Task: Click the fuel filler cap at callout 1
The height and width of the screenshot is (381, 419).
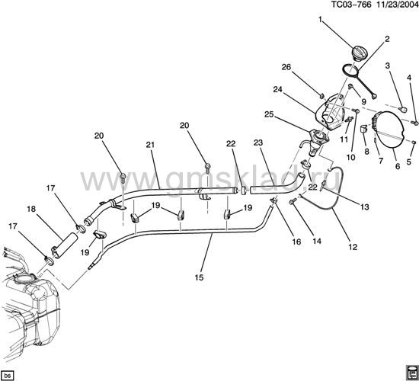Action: pyautogui.click(x=360, y=53)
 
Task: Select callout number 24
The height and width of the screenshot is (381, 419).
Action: pyautogui.click(x=277, y=90)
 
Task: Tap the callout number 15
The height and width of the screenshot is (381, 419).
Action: pyautogui.click(x=199, y=277)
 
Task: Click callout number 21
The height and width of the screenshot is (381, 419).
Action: pyautogui.click(x=150, y=145)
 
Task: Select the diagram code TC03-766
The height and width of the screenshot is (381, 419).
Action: pyautogui.click(x=351, y=5)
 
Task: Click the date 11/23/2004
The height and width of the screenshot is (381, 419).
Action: pyautogui.click(x=397, y=5)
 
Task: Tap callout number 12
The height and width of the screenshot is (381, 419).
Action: pyautogui.click(x=353, y=247)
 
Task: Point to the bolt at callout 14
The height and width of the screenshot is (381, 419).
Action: pyautogui.click(x=292, y=202)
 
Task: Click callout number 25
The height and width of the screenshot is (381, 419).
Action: pyautogui.click(x=269, y=114)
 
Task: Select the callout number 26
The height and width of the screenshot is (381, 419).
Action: pyautogui.click(x=286, y=67)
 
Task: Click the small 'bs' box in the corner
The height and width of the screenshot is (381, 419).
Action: pyautogui.click(x=8, y=375)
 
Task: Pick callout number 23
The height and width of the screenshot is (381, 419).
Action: pyautogui.click(x=258, y=142)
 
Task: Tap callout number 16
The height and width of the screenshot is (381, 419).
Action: pyautogui.click(x=297, y=242)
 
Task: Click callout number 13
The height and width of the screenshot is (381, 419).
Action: pyautogui.click(x=365, y=207)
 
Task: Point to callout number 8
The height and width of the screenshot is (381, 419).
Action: pyautogui.click(x=366, y=152)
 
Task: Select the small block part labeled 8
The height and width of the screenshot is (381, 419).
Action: pyautogui.click(x=364, y=129)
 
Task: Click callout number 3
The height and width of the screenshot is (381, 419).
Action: pyautogui.click(x=388, y=65)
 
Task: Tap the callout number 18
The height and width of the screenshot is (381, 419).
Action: pyautogui.click(x=31, y=209)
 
